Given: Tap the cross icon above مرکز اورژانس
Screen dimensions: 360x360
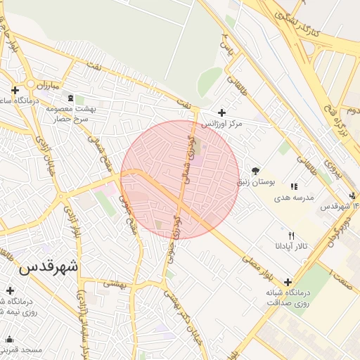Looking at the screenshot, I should coord(222,112).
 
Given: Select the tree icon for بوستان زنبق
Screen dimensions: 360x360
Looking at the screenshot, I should coord(255,171).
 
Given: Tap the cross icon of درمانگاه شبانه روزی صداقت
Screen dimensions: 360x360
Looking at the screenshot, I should coord(288,281).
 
